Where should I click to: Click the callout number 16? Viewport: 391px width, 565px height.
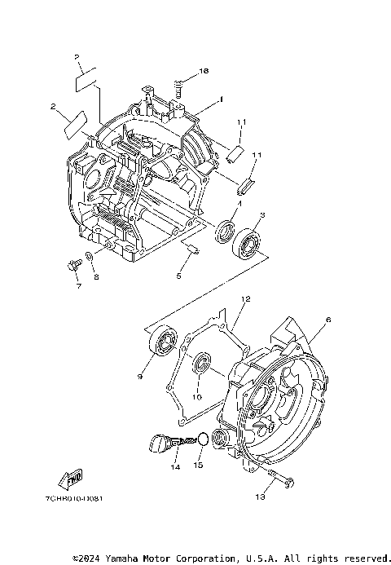coord(204,72)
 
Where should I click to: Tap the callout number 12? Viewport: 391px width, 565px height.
coord(244,300)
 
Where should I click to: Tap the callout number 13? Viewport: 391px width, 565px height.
coord(261,497)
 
